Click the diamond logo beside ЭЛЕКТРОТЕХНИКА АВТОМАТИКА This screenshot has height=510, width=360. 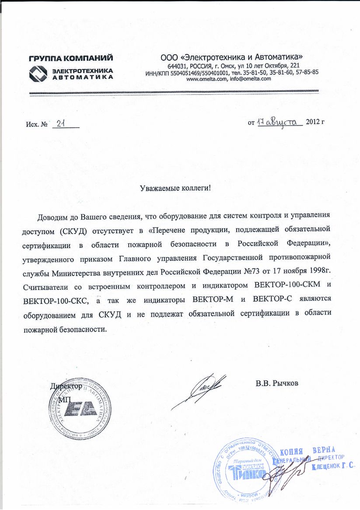pyautogui.click(x=38, y=73)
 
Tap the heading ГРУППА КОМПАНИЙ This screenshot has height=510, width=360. pyautogui.click(x=71, y=58)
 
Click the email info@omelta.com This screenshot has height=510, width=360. pyautogui.click(x=250, y=79)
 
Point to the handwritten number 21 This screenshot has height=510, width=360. pyautogui.click(x=61, y=124)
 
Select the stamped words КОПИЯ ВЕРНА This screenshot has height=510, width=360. pyautogui.click(x=307, y=451)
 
